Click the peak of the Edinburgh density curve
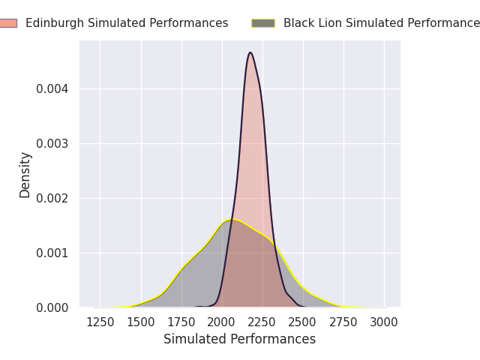tap(250, 52)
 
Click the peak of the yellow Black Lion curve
tap(232, 220)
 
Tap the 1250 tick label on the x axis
tap(100, 322)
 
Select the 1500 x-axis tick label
tap(141, 322)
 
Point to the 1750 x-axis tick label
tap(181, 322)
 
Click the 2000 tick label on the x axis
tap(222, 322)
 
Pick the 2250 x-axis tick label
tap(262, 322)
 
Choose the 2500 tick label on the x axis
tap(303, 322)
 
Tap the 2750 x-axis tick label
tap(343, 322)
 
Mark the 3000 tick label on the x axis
tap(384, 322)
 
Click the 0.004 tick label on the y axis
tap(52, 89)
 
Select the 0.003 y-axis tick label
tap(52, 143)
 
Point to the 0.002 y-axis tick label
tap(52, 198)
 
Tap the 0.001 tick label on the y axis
tap(52, 253)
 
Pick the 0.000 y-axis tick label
tap(52, 307)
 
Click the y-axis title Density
tap(25, 175)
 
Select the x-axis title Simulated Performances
tap(240, 339)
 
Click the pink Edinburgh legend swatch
tap(8, 23)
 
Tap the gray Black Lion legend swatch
tap(263, 23)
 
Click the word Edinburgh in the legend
tap(55, 23)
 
